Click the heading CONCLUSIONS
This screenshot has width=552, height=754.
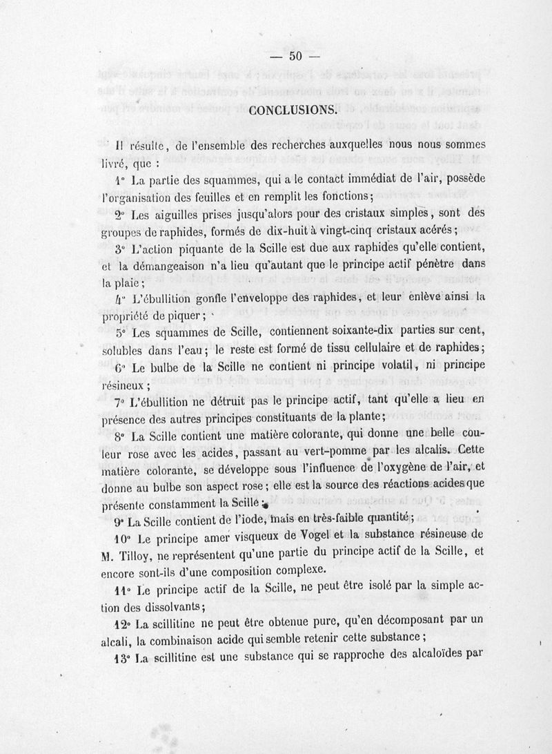(x=293, y=109)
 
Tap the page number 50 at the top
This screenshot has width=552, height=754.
(x=297, y=57)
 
